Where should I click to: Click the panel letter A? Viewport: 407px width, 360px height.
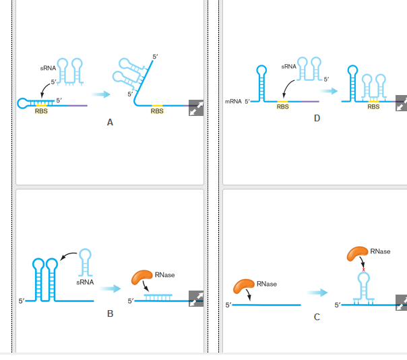[110, 123]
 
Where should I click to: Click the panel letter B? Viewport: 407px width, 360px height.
[110, 314]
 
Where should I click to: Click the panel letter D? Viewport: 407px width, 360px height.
[317, 119]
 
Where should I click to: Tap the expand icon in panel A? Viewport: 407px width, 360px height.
[196, 108]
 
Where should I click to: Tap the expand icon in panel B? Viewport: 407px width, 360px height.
[196, 299]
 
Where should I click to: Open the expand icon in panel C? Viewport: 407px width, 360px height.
[401, 303]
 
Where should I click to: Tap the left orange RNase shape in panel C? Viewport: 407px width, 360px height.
[243, 286]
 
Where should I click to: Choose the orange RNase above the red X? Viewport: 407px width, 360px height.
[358, 253]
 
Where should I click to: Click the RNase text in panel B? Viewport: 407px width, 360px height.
[164, 274]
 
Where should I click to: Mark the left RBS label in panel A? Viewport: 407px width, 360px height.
[41, 111]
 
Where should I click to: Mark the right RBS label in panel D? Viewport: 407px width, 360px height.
[373, 106]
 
